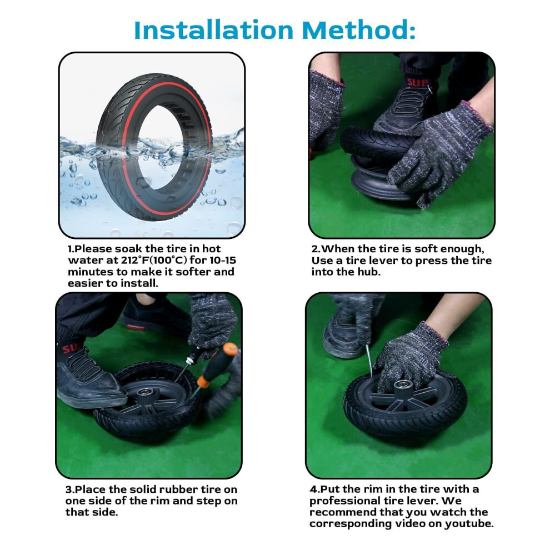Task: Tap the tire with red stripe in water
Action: [x=154, y=147]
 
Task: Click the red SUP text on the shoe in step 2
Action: [x=417, y=83]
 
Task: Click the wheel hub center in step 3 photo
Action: [x=144, y=393]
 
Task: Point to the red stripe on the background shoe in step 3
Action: [x=136, y=327]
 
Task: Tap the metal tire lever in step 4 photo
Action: [x=369, y=360]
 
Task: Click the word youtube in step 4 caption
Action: [x=469, y=524]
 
